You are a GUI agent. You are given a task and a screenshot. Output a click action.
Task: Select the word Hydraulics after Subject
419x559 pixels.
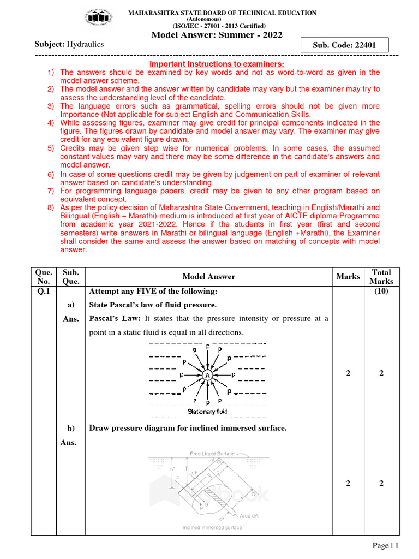(x=85, y=44)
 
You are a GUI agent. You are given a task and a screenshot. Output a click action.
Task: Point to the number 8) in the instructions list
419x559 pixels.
(x=51, y=207)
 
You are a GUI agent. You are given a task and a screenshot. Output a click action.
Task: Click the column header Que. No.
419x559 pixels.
(x=44, y=277)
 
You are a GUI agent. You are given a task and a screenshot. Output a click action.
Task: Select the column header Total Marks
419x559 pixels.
(x=381, y=277)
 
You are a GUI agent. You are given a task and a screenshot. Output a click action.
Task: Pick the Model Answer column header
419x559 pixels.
(x=208, y=277)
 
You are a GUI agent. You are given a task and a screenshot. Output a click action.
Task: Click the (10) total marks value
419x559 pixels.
(x=381, y=291)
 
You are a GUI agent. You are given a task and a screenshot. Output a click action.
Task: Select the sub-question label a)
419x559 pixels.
(x=70, y=305)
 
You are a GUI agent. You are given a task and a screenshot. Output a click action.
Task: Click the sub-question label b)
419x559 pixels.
(x=70, y=428)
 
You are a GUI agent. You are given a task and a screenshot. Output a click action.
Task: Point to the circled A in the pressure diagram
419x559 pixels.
(x=207, y=376)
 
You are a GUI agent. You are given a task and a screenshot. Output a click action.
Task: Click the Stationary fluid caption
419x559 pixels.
(x=207, y=412)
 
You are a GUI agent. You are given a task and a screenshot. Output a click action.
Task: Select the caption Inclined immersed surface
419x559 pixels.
(x=212, y=527)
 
